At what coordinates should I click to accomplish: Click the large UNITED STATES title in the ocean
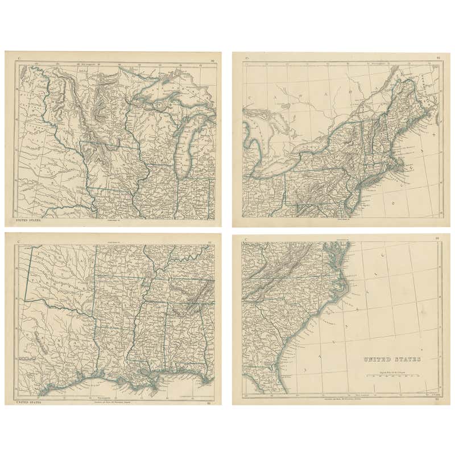point(392,359)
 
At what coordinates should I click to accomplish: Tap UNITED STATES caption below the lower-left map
point(28,402)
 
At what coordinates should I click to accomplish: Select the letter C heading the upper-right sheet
point(246,58)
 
